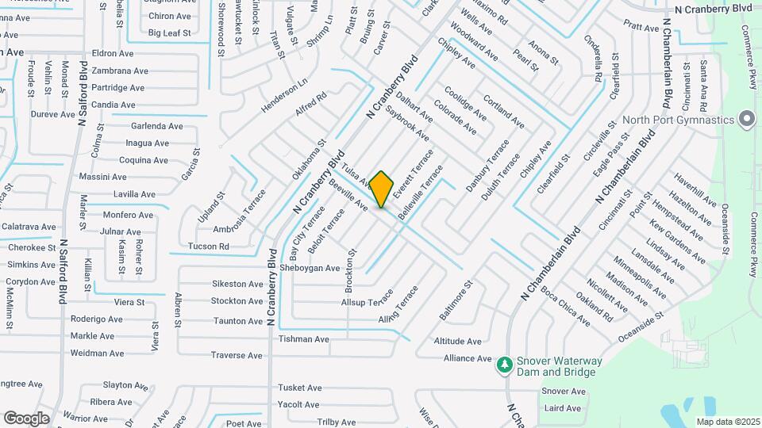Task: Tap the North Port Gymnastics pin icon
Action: coord(746,120)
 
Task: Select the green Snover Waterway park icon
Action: coord(504,365)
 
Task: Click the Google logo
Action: coord(26,418)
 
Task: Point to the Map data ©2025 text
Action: coord(728,422)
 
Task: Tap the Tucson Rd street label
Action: coord(209,246)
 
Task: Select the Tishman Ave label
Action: coord(303,339)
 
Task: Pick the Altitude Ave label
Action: coord(458,342)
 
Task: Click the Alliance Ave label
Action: coord(468,358)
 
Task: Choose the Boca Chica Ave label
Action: coord(565,308)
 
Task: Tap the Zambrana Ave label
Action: coord(120,71)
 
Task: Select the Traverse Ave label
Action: coord(237,355)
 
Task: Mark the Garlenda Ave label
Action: coord(157,126)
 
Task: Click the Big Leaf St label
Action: coord(170,33)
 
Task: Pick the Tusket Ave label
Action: coord(299,388)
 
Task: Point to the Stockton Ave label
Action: coord(237,301)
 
